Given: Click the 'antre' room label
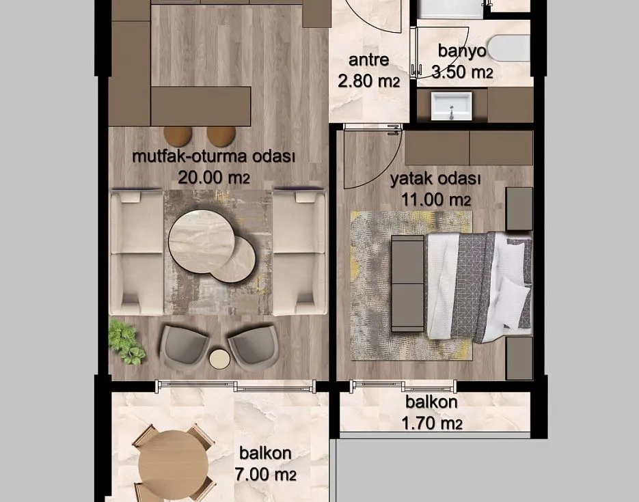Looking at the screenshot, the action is [x=369, y=60].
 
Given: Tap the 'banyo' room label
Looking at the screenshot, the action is [x=462, y=51].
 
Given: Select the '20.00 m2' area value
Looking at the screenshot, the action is [x=214, y=178].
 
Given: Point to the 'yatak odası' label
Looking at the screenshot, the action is [x=435, y=179].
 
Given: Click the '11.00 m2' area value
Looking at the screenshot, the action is [x=436, y=199].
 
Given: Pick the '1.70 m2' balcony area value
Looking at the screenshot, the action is [x=431, y=423].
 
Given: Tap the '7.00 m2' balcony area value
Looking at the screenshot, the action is [x=265, y=474].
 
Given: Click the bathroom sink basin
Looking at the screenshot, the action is [x=451, y=107].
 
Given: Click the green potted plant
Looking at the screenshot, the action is [x=126, y=341].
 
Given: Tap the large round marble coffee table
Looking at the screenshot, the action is [x=202, y=241].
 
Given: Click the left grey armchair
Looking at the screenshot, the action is [x=183, y=346].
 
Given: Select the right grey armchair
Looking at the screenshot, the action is [x=253, y=346].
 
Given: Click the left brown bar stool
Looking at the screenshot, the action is [x=178, y=136].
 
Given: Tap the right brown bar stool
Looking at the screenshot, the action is [x=221, y=136].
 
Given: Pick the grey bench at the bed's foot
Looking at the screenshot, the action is [x=407, y=283].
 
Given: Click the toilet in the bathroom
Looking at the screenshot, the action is [x=509, y=50].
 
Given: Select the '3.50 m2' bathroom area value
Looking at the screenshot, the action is [x=462, y=72].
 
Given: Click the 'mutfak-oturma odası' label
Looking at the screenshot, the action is [x=213, y=157].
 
